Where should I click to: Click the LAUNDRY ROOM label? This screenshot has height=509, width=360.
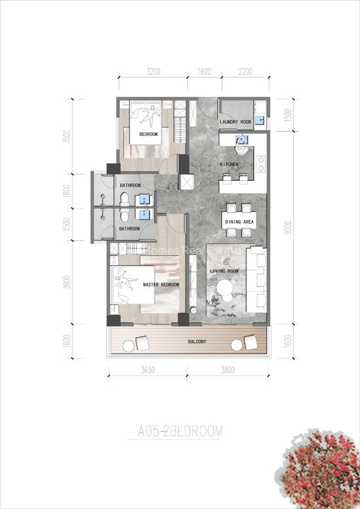point(235,122)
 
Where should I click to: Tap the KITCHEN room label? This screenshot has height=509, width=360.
point(229,165)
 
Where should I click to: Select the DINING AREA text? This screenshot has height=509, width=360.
point(239,222)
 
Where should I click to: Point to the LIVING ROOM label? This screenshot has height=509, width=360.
point(224,271)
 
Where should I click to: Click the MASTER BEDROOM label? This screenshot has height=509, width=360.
point(161,284)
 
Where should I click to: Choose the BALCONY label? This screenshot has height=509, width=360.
point(197,342)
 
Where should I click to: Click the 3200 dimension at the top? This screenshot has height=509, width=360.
point(154,72)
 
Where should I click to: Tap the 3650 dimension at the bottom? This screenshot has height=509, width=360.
point(147,372)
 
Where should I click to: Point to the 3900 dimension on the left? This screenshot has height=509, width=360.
point(67,281)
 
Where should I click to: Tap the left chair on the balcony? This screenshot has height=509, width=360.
point(142,343)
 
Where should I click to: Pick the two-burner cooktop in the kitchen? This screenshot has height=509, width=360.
point(260,163)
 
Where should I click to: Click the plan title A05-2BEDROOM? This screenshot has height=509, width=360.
point(180,432)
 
